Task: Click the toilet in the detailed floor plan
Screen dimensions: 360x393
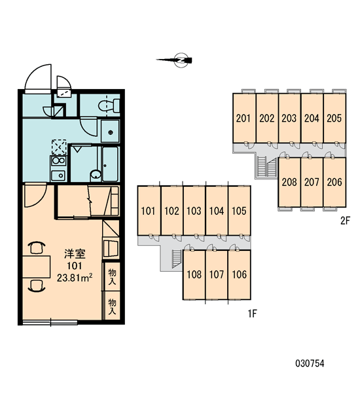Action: (x=109, y=105)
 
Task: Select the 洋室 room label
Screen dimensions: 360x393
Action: (x=75, y=254)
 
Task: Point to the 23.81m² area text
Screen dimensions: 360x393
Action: (x=75, y=278)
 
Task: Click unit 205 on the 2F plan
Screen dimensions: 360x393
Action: (x=334, y=118)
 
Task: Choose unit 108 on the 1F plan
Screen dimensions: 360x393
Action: (x=194, y=274)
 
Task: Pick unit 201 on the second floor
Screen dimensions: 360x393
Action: (x=244, y=118)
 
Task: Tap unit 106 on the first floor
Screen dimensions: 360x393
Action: (x=240, y=274)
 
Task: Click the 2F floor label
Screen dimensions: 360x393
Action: (x=345, y=221)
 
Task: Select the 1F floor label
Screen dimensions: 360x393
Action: (x=253, y=313)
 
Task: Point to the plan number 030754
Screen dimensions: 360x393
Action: (x=310, y=364)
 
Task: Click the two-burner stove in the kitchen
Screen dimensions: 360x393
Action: (x=59, y=160)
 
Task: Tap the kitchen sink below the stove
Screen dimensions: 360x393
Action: (x=58, y=175)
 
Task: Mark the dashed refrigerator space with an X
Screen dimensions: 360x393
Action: (x=59, y=147)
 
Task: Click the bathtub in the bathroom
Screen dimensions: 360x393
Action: (x=110, y=164)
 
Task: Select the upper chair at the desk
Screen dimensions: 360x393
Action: (x=37, y=248)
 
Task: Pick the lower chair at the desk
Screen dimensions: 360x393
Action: (x=37, y=286)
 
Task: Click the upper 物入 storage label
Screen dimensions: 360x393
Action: (x=112, y=276)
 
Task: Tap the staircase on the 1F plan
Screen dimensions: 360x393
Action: (x=177, y=259)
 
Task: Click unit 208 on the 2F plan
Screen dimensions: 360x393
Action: (x=289, y=182)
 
